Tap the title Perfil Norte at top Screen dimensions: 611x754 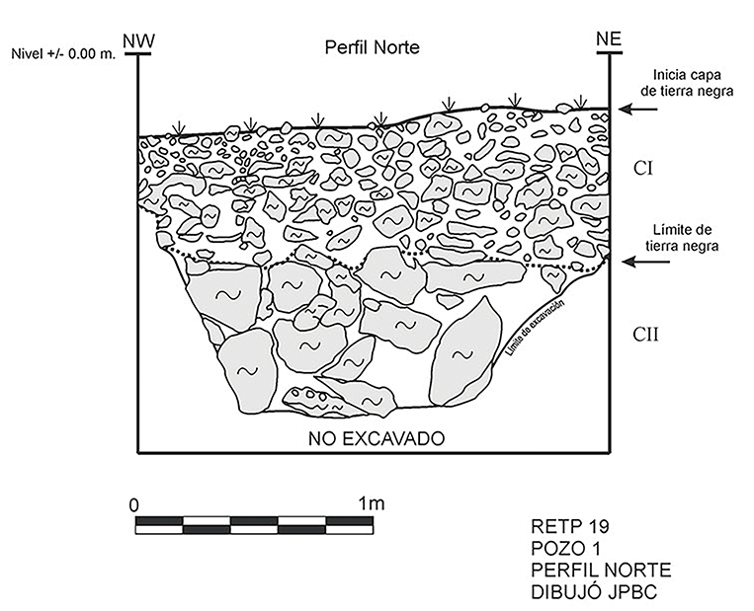(373, 48)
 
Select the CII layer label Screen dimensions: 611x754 (646, 336)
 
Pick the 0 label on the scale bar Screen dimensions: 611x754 (135, 503)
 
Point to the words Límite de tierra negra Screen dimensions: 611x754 (691, 237)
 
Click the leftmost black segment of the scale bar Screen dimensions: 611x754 (159, 520)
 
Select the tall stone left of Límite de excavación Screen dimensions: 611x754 (466, 350)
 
